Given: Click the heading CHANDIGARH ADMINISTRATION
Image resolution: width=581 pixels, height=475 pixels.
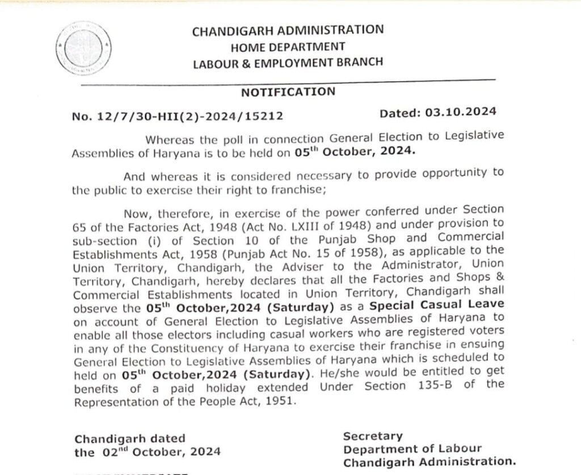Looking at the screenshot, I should pyautogui.click(x=288, y=30).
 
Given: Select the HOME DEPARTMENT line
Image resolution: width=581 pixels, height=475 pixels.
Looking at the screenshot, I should pyautogui.click(x=288, y=46).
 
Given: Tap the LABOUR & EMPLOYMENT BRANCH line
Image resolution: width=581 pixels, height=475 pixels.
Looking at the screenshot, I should pyautogui.click(x=288, y=62).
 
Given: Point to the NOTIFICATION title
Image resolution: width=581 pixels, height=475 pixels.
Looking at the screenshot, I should pyautogui.click(x=288, y=91).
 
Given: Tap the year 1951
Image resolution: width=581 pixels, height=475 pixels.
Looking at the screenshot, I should pyautogui.click(x=281, y=400).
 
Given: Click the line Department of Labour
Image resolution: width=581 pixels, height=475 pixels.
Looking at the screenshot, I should pyautogui.click(x=404, y=449).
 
